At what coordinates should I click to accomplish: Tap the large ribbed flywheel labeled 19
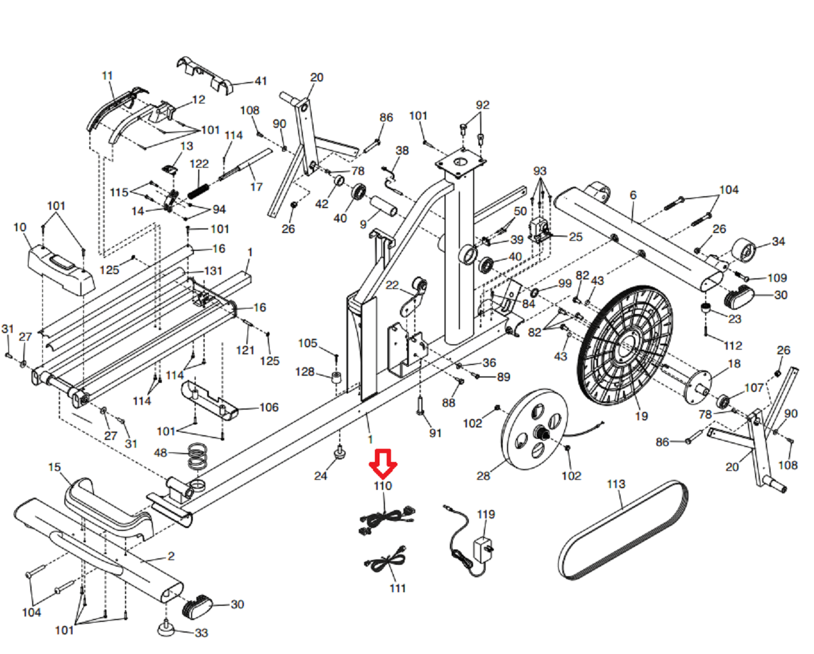pyautogui.click(x=625, y=345)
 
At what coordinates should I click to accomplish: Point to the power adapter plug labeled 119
pyautogui.click(x=483, y=548)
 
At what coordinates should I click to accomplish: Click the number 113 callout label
pyautogui.click(x=616, y=484)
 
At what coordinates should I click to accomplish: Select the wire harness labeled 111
pyautogui.click(x=386, y=561)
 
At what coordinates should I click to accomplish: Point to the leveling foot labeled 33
pyautogui.click(x=167, y=627)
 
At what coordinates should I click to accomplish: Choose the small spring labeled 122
pyautogui.click(x=198, y=191)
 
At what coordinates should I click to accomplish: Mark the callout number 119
pyautogui.click(x=486, y=514)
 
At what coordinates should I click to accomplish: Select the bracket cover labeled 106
pyautogui.click(x=208, y=400)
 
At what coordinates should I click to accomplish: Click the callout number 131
pyautogui.click(x=212, y=271)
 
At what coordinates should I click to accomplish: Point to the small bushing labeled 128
pyautogui.click(x=336, y=378)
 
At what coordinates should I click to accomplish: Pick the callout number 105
pyautogui.click(x=308, y=343)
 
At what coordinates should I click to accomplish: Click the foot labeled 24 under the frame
pyautogui.click(x=339, y=454)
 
